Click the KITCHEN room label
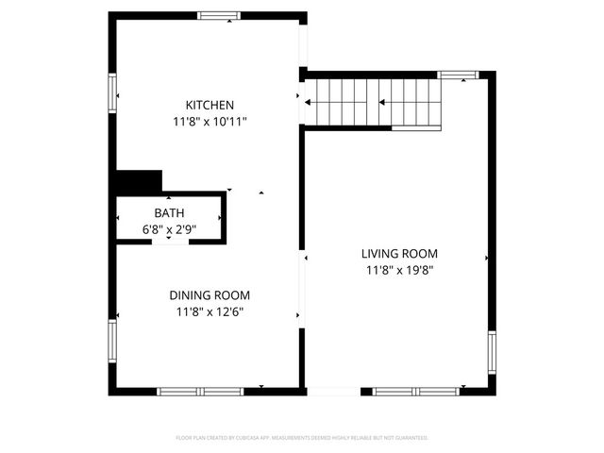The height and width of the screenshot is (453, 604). coord(210,105)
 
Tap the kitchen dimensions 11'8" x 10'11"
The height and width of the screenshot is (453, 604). coord(210,122)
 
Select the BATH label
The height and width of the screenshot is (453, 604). coord(170,213)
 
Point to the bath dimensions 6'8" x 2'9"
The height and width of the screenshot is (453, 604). coord(170,229)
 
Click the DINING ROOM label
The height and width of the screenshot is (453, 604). coord(210,294)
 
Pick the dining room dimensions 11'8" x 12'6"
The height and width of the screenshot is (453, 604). coord(210,311)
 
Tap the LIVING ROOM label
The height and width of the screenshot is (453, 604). coord(399,253)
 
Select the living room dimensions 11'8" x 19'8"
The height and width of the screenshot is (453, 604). coord(399,270)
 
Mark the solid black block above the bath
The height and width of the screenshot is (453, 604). coord(139,180)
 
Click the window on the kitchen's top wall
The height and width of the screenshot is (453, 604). coord(218,15)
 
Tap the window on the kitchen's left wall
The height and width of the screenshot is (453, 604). coord(113,93)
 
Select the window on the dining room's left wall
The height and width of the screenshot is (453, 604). coord(113,341)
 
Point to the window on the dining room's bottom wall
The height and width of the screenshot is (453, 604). coord(200,391)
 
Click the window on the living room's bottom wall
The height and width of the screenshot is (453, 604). coord(416,391)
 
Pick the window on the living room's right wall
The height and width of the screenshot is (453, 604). coord(491,350)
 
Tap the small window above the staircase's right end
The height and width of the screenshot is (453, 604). coord(459,75)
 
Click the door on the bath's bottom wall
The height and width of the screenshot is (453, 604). coord(170,242)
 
